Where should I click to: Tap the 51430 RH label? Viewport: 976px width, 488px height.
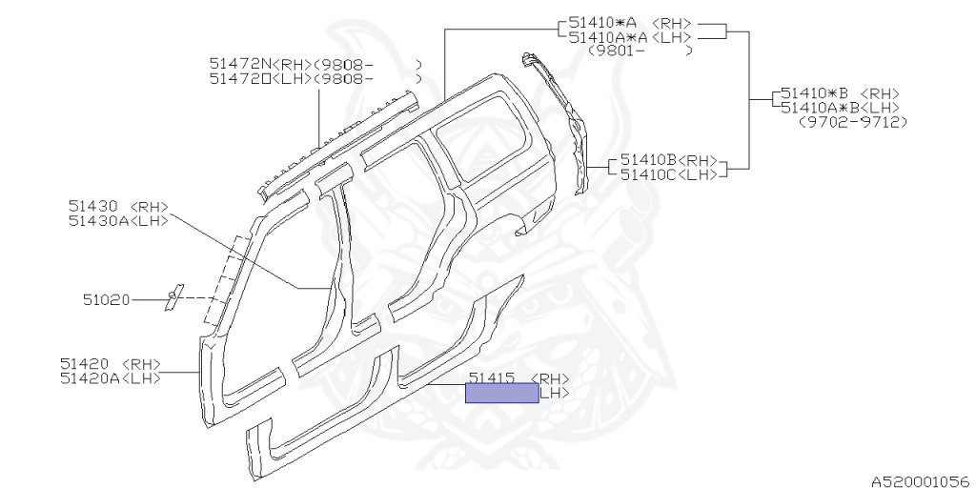click(91, 205)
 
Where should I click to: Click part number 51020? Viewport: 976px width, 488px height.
click(105, 300)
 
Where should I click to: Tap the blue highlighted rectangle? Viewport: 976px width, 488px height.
click(501, 393)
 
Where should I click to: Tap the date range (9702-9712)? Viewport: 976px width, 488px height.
click(844, 122)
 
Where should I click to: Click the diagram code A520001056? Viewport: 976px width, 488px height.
click(918, 481)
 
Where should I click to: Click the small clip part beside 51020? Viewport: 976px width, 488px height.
click(173, 297)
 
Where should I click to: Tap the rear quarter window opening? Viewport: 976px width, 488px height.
click(496, 152)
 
